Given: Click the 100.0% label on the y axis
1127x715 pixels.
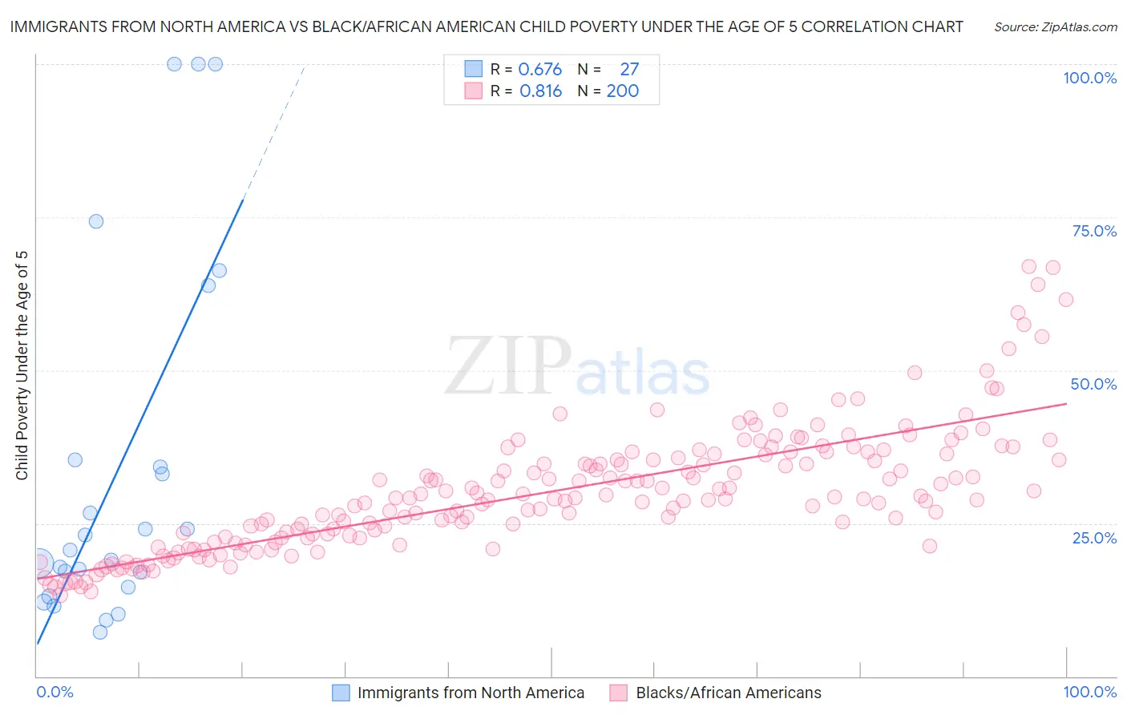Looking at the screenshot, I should click(1089, 78).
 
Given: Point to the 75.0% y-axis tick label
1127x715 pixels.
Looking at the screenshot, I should click(1094, 231).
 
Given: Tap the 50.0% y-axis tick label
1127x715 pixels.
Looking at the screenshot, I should click(1093, 384).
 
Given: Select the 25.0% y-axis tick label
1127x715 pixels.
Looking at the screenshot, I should click(1094, 537).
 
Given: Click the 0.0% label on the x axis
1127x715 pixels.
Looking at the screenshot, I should click(55, 692).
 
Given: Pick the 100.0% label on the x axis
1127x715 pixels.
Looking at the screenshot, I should click(1089, 692).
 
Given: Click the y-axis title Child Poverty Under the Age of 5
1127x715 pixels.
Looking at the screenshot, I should click(22, 366).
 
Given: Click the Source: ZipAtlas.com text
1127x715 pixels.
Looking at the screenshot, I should click(1055, 27).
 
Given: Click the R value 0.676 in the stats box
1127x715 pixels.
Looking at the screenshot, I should click(540, 69).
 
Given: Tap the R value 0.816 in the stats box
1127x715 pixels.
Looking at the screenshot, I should click(540, 91).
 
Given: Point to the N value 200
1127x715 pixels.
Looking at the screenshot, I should click(623, 91).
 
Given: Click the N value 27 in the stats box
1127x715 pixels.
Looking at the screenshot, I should click(629, 69).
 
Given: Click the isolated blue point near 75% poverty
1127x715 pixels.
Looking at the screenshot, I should click(96, 221).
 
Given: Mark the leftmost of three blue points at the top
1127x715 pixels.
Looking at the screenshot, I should click(174, 64).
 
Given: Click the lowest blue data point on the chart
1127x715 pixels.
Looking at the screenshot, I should click(100, 632).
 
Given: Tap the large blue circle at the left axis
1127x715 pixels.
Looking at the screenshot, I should click(39, 562).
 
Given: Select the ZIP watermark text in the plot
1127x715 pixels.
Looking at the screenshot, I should click(508, 366).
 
